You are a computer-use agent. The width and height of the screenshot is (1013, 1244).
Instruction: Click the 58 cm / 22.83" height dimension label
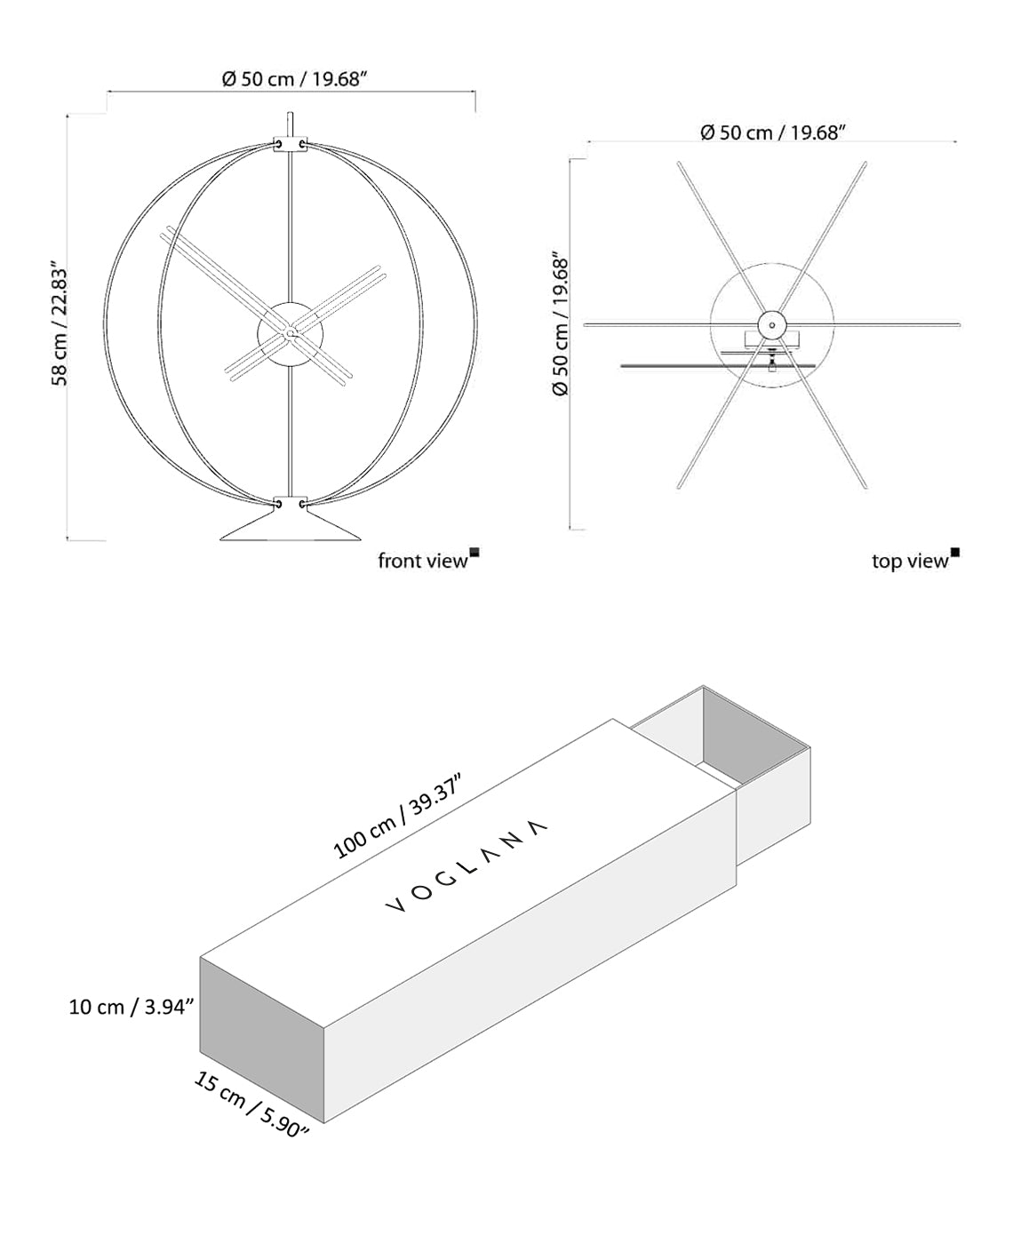tap(59, 323)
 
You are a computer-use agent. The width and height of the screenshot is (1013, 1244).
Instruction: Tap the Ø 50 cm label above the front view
tap(294, 79)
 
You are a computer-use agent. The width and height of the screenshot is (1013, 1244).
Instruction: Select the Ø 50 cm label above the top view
tap(771, 132)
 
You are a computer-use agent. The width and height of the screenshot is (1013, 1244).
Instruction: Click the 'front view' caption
tap(422, 561)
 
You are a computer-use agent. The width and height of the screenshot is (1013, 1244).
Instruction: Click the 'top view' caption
tap(909, 561)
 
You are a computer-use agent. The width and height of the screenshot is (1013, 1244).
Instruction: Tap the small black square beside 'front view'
tap(475, 553)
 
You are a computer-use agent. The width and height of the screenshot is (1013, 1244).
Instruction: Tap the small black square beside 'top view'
tap(955, 553)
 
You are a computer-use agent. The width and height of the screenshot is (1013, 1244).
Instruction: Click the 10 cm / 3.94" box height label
tap(132, 1007)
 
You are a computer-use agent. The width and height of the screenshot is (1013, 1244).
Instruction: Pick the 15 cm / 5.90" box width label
tap(251, 1104)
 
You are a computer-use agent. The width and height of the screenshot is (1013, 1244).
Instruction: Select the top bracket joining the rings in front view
tap(290, 144)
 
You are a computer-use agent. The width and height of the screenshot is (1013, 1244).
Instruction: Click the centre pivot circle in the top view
tap(771, 325)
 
